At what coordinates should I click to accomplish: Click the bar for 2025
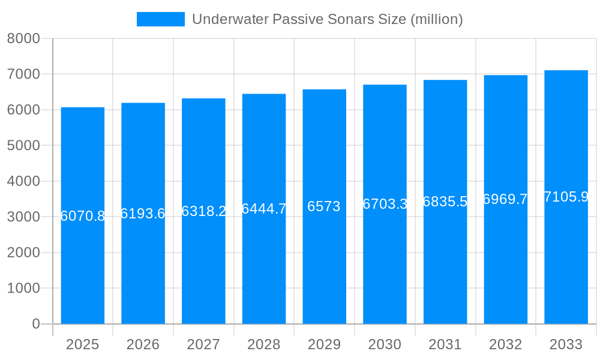(x=83, y=270)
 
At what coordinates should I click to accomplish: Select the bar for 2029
(x=325, y=270)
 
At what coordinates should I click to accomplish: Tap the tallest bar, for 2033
(x=566, y=270)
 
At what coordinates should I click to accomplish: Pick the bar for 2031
(x=445, y=270)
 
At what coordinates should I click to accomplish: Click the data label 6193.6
(x=143, y=214)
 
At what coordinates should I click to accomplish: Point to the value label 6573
(x=324, y=206)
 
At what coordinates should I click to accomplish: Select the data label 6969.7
(x=505, y=199)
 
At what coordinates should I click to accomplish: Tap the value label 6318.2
(x=203, y=211)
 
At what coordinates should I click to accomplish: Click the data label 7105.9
(x=566, y=197)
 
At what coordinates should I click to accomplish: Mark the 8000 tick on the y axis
(x=23, y=38)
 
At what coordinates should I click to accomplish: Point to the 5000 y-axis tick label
(x=23, y=146)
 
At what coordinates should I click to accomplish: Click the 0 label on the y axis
(x=35, y=324)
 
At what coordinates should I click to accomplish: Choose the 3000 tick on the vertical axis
(x=23, y=217)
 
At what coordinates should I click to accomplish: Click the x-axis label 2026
(x=143, y=344)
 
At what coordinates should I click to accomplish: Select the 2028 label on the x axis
(x=264, y=344)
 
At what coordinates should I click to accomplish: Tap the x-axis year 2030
(x=385, y=344)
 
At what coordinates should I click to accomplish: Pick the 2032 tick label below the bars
(x=505, y=344)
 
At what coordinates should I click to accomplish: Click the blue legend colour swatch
(x=160, y=19)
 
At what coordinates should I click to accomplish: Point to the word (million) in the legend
(x=437, y=19)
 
